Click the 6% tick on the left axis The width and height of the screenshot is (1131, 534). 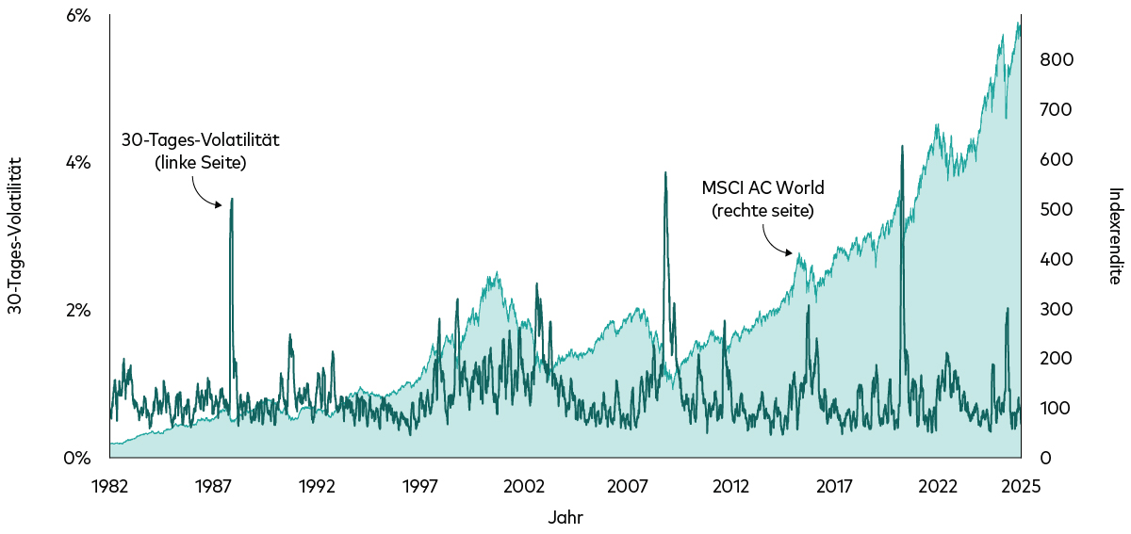tap(77, 16)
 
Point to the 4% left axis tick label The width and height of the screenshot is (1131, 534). tap(77, 163)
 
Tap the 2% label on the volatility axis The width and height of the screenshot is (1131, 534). tap(77, 311)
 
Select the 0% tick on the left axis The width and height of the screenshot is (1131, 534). tap(77, 459)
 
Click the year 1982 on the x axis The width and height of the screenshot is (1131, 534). tap(109, 487)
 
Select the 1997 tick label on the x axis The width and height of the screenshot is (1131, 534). tap(420, 487)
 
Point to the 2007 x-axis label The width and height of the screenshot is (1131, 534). tap(628, 487)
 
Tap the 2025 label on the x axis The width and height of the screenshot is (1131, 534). tap(1021, 487)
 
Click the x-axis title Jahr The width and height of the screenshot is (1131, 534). tap(565, 517)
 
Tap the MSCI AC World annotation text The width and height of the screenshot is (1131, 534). tap(762, 198)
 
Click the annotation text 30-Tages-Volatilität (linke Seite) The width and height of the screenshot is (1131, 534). tap(200, 151)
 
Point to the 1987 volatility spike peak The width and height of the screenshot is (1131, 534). tap(232, 199)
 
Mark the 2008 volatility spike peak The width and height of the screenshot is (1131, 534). tap(665, 172)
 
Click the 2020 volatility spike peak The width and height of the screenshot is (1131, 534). tap(903, 146)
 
